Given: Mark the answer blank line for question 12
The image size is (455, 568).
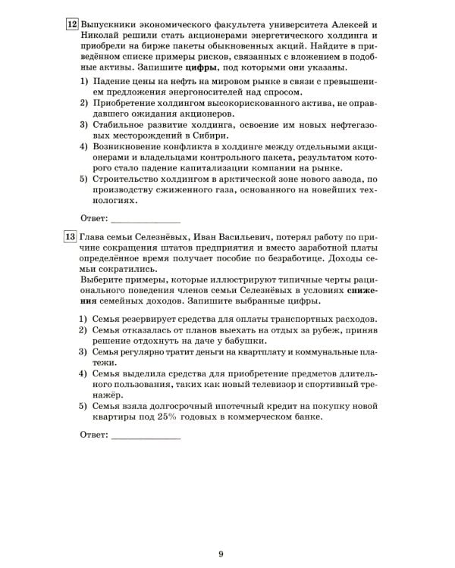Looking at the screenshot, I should pyautogui.click(x=145, y=223).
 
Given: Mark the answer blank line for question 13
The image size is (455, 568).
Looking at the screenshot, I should pyautogui.click(x=145, y=438).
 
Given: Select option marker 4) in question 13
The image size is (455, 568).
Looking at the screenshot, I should pyautogui.click(x=84, y=373).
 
